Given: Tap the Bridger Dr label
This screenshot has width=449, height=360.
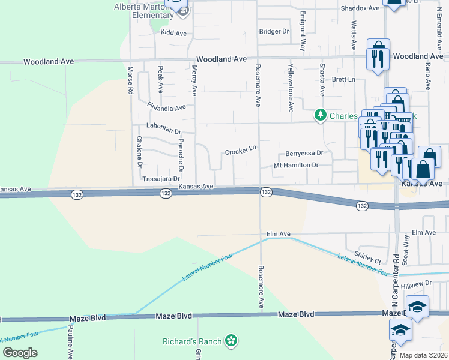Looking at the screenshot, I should coord(274,31).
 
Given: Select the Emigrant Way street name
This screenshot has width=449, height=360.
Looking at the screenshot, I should coord(303,30).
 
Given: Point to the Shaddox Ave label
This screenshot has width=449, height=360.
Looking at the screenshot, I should coord(360,8).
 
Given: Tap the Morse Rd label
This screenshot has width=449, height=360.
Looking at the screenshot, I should coord(130,81).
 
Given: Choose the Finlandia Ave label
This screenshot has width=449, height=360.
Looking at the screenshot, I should coord(166,107).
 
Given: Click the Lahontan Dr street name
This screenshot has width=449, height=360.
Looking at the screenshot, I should coord(164,128).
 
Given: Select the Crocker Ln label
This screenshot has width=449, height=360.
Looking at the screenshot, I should coord(241,152).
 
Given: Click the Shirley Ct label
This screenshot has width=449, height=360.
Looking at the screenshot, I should coord(368,257).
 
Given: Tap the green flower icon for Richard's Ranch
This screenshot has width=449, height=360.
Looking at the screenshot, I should coord(230,341).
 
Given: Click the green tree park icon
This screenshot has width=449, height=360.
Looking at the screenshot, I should coord(321,115).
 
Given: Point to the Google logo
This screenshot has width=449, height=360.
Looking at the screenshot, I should coord(20,353).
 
